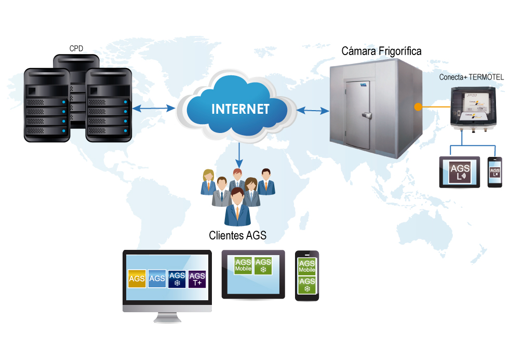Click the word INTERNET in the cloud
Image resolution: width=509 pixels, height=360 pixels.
(240, 109)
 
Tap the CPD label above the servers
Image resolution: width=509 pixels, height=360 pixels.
(76, 49)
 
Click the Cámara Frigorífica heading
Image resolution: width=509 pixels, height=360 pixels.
(381, 51)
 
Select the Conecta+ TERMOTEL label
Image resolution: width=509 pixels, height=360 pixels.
(471, 77)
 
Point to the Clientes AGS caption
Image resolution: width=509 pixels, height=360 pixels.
(237, 235)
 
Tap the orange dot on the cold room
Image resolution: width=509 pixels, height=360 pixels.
(417, 108)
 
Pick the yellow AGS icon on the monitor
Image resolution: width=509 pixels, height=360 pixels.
(137, 278)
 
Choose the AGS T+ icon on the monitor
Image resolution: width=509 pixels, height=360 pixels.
(197, 278)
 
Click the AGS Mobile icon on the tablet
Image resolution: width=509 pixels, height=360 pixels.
(243, 265)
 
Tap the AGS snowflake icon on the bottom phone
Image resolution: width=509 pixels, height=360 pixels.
(307, 285)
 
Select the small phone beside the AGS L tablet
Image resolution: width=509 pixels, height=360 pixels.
(495, 172)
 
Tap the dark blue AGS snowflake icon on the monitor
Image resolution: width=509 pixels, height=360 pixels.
(177, 278)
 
